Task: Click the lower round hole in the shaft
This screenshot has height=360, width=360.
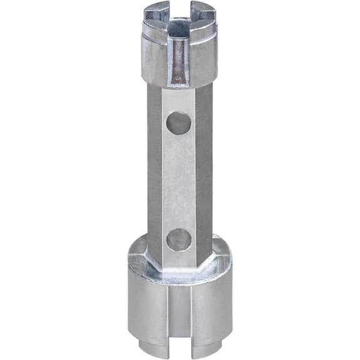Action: [x=179, y=239]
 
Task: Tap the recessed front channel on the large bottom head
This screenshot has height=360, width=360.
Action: [x=179, y=312]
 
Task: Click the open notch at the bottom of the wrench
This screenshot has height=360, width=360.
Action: [x=179, y=347]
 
